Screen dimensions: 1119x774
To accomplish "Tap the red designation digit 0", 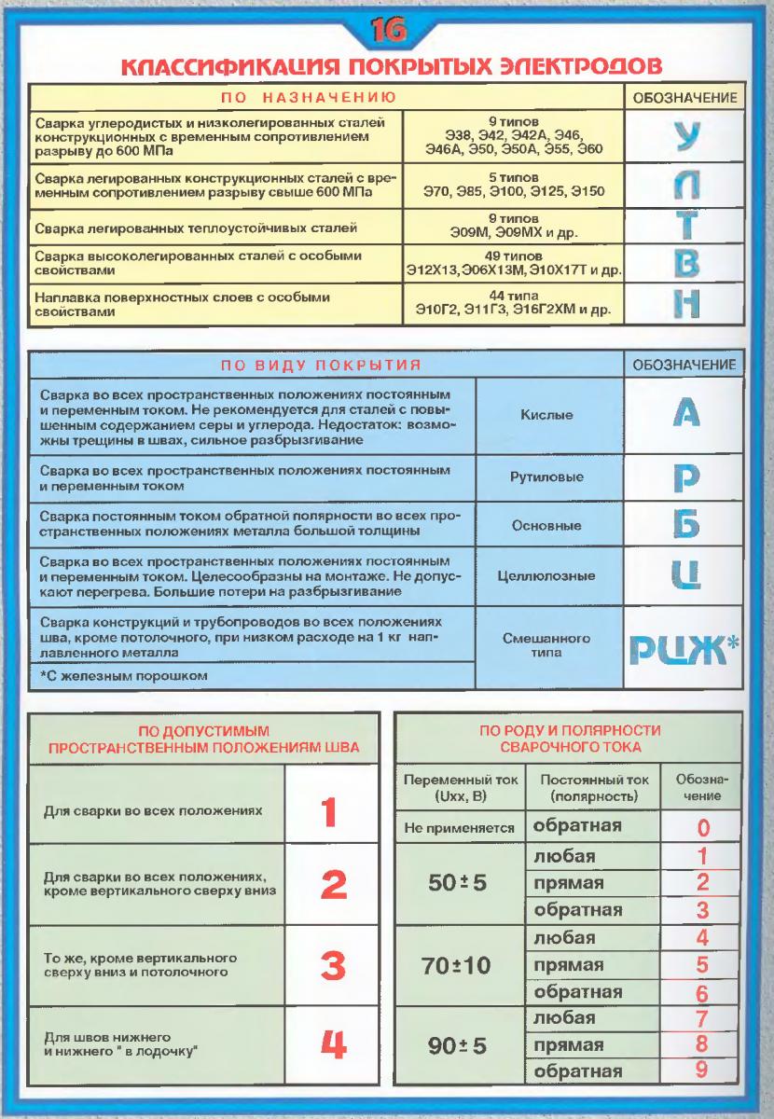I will pos(704,827).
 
